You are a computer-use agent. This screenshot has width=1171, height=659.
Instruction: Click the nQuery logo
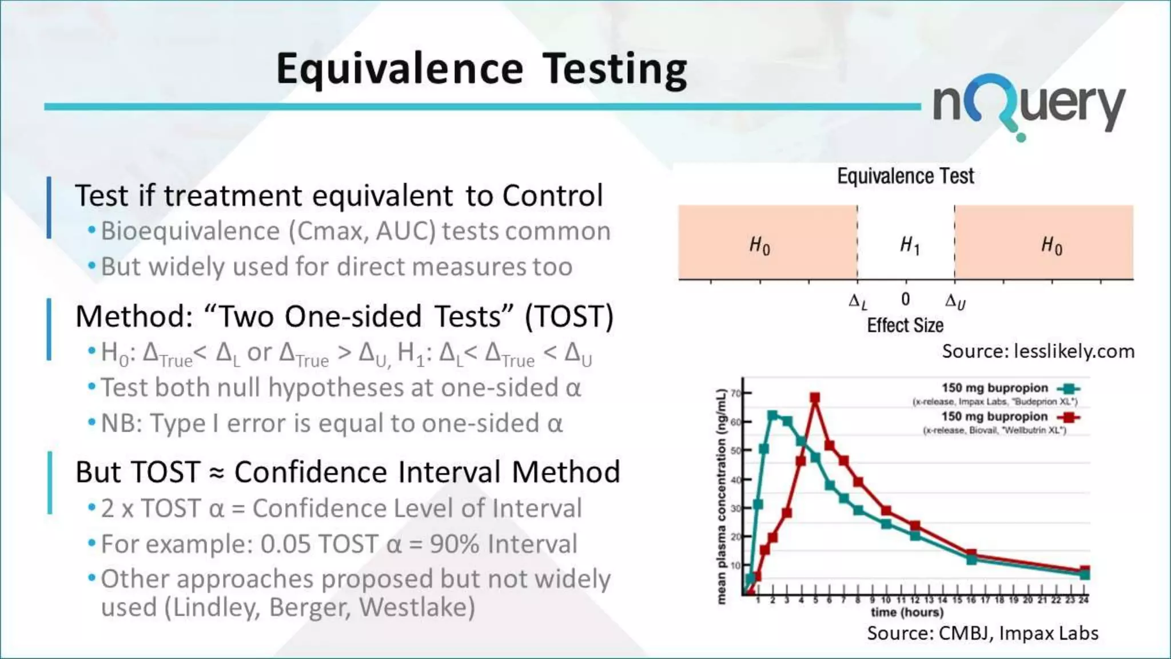point(1029,106)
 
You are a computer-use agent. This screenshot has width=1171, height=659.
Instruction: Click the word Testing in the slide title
point(615,69)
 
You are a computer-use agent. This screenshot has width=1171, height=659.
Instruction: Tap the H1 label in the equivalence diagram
point(909,245)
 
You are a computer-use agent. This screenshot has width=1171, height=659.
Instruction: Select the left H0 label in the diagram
point(759,245)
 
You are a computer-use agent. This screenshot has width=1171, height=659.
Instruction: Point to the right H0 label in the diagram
point(1051,245)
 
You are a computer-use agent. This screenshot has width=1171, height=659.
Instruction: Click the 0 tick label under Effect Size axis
point(906,299)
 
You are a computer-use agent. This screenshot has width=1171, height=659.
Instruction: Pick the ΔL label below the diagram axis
point(857,301)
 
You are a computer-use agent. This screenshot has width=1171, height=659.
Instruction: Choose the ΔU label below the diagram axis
point(955,301)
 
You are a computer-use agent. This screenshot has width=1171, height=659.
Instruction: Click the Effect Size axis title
point(905,325)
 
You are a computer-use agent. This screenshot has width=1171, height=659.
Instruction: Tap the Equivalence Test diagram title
point(906,176)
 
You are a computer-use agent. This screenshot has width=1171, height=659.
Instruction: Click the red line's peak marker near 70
point(815,398)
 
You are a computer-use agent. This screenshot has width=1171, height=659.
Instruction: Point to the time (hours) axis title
point(907,612)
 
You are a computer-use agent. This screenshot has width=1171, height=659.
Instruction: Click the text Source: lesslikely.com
point(1038,351)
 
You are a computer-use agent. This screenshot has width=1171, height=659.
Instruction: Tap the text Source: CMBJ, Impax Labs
point(982,633)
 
